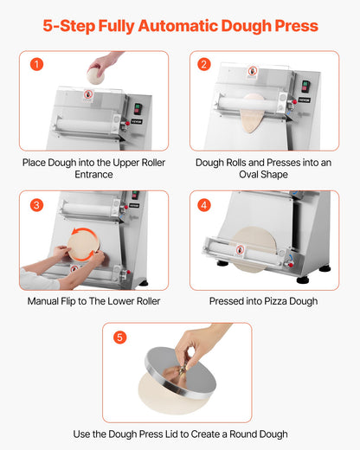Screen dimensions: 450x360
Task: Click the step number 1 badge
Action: tap(35, 65)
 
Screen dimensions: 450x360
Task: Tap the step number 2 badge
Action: tap(204, 65)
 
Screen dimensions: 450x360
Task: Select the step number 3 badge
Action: tap(35, 205)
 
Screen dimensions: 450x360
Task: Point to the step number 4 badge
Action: tap(204, 205)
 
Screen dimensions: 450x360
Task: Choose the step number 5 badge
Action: tap(119, 337)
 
